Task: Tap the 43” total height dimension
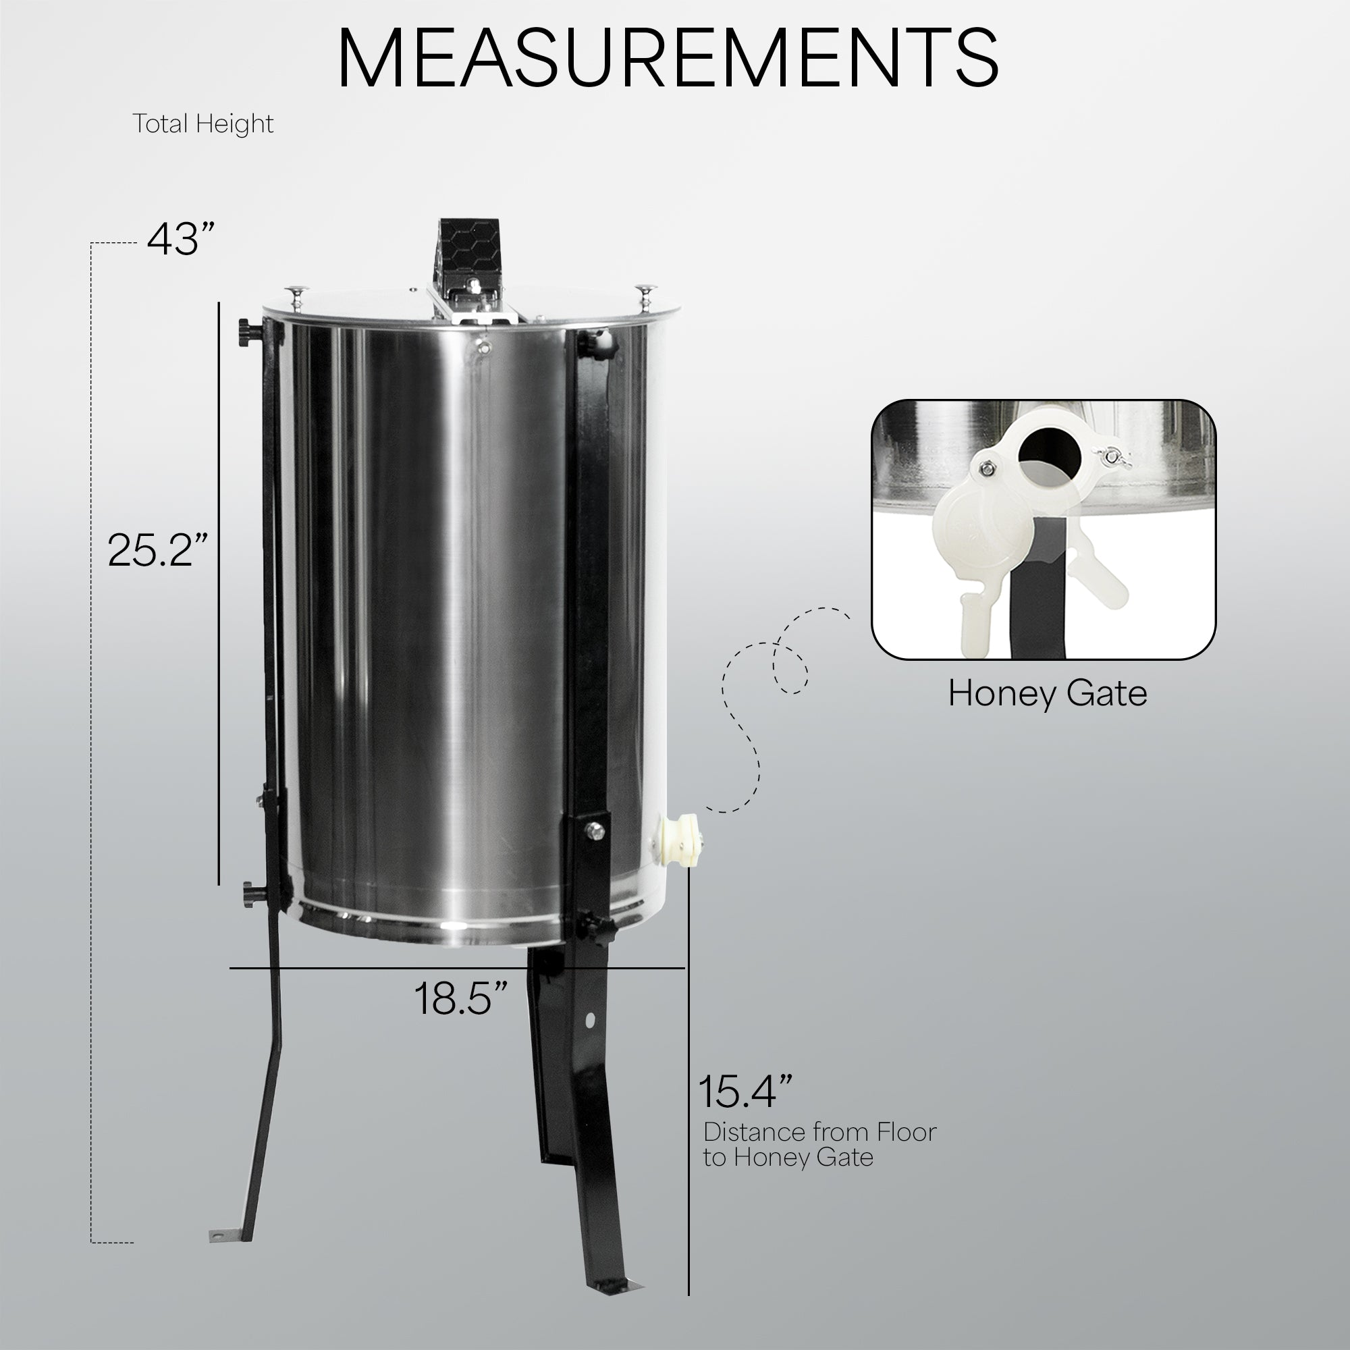pyautogui.click(x=179, y=239)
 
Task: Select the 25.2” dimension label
pyautogui.click(x=158, y=549)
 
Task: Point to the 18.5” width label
pyautogui.click(x=460, y=998)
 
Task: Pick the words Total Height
pyautogui.click(x=202, y=124)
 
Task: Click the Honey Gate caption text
pyautogui.click(x=1048, y=694)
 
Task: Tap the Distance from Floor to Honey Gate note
pyautogui.click(x=819, y=1145)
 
